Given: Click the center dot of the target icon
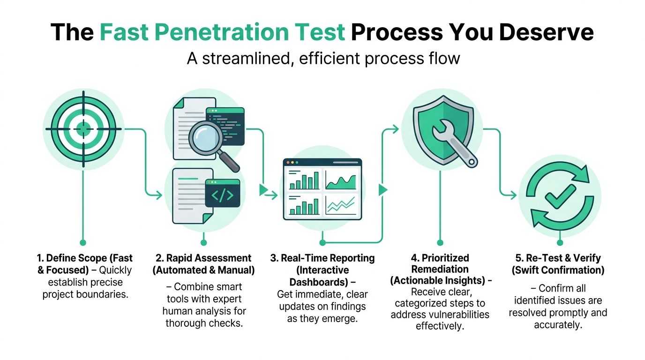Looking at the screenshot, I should tap(83, 128).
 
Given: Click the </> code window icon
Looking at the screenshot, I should tap(222, 195).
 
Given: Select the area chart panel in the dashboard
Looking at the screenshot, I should tap(341, 180).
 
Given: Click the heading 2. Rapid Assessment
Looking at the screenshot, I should tap(203, 258).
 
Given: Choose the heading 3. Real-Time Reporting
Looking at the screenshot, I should tap(322, 258).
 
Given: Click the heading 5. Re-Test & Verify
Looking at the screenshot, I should tap(558, 258).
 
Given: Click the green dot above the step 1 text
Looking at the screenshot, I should tap(83, 243).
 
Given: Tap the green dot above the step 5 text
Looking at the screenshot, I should tap(559, 243).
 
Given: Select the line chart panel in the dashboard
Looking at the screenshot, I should tap(341, 204).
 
